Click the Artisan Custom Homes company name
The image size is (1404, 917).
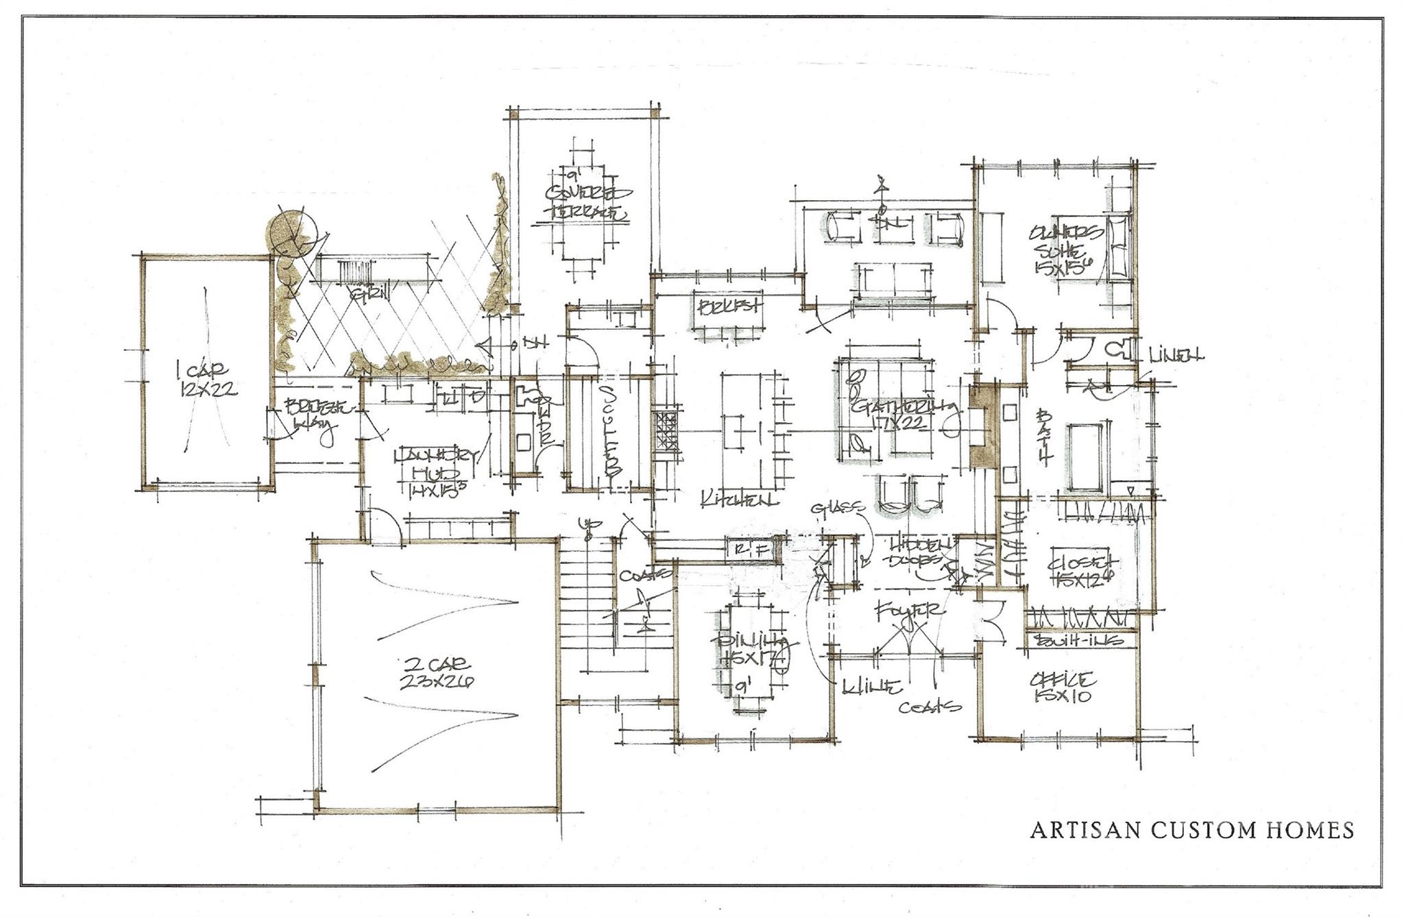click(x=1192, y=831)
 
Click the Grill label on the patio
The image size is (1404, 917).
click(x=370, y=295)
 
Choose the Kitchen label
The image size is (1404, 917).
click(x=739, y=500)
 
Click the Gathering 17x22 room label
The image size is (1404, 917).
click(x=904, y=415)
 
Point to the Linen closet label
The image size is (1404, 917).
click(x=1175, y=355)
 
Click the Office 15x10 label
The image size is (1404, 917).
click(x=1062, y=687)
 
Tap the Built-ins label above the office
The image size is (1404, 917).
click(x=1080, y=640)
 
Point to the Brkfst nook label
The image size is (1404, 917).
click(x=728, y=306)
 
